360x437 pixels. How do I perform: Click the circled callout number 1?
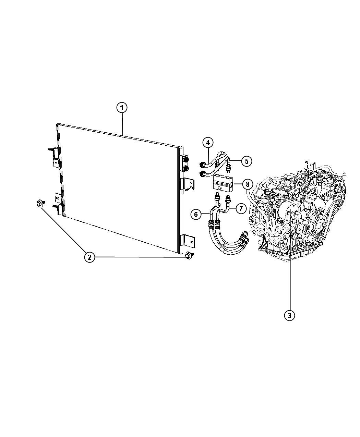point(122,108)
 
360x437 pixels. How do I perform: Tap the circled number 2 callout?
point(89,257)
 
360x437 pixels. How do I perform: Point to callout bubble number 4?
point(208,143)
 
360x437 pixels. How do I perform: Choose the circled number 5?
point(247,161)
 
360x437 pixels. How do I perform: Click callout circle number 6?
point(196,214)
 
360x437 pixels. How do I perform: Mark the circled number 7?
point(241,208)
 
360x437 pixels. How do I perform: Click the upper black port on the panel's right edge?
point(185,159)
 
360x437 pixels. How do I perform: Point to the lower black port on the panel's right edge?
point(185,168)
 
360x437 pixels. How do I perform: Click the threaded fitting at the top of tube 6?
point(217,197)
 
